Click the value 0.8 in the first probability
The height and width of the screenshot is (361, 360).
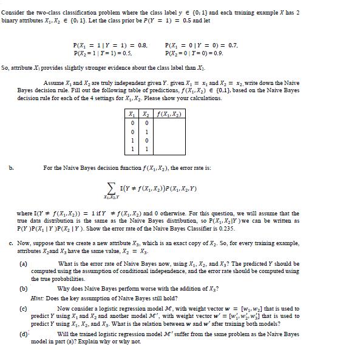pyautogui.click(x=141, y=45)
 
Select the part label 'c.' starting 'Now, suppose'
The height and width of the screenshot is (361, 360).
pyautogui.click(x=12, y=244)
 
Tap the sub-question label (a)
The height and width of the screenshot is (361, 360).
pyautogui.click(x=24, y=264)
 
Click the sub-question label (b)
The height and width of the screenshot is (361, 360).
pyautogui.click(x=24, y=288)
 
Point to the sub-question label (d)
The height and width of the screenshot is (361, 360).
pyautogui.click(x=24, y=333)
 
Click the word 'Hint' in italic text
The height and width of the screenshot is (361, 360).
pyautogui.click(x=37, y=299)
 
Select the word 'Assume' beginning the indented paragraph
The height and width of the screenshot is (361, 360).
pyautogui.click(x=53, y=83)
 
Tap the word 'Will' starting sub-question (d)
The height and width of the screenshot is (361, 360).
pyautogui.click(x=63, y=334)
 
